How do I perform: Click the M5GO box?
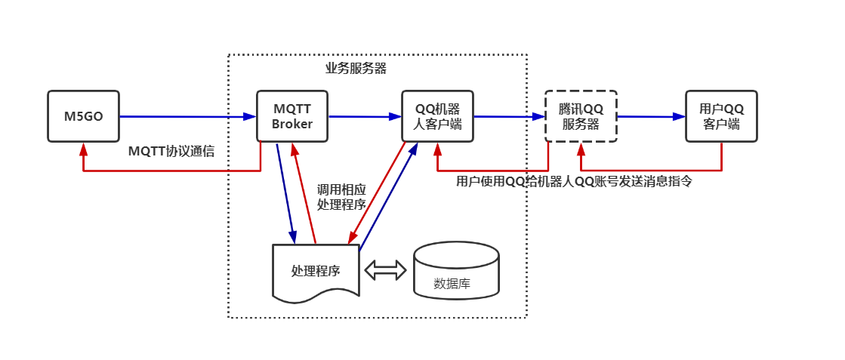(83, 116)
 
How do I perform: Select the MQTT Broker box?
(292, 116)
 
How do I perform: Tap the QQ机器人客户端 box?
(437, 116)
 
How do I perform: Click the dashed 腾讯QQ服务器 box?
(581, 116)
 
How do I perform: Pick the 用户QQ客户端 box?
(721, 116)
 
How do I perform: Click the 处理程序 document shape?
(316, 270)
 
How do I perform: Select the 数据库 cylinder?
(456, 272)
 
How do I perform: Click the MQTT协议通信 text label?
(171, 151)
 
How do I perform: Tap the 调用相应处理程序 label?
(341, 196)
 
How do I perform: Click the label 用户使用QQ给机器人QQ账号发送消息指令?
(574, 182)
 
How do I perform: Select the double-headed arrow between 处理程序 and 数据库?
(385, 270)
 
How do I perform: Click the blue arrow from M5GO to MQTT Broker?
(187, 116)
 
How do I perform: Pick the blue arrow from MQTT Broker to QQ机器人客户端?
(365, 116)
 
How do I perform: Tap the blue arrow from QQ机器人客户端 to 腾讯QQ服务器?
(509, 116)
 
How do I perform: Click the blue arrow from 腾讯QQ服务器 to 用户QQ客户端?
(651, 116)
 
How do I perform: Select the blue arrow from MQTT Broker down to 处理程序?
(285, 192)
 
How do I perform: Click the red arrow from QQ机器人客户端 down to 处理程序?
(376, 193)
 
